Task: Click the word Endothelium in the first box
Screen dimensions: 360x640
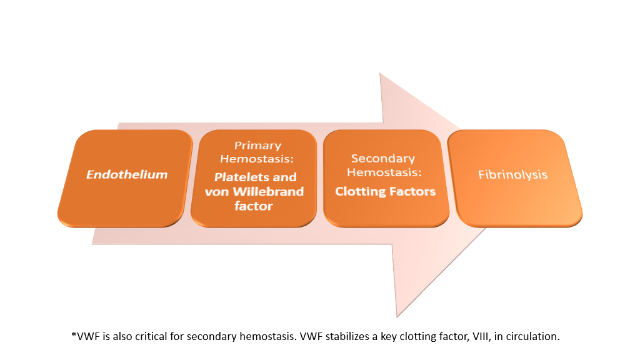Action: tap(127, 174)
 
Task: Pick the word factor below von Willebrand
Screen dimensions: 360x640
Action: tap(253, 206)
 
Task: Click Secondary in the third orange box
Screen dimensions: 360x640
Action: tap(383, 158)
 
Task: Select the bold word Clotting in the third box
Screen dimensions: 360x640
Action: tap(360, 191)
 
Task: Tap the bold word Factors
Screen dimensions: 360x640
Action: tap(412, 191)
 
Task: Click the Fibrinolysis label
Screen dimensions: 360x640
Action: tap(513, 174)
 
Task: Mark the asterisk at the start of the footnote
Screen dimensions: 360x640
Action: tap(74, 335)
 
